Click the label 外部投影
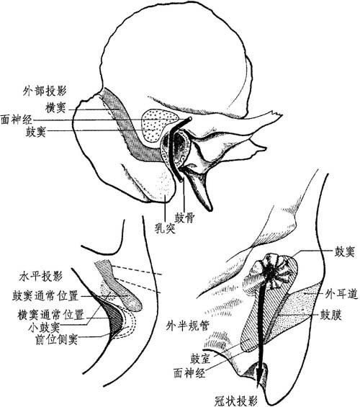tap(45, 91)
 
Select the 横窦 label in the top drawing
tap(55, 108)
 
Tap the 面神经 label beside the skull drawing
tap(17, 120)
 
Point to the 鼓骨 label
tap(184, 218)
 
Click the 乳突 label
tap(165, 228)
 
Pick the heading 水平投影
tap(41, 277)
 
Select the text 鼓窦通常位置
tap(45, 295)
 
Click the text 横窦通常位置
tap(50, 315)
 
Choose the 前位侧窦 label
tap(56, 339)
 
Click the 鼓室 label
tap(200, 359)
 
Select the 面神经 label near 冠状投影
tap(189, 373)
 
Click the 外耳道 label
tap(342, 294)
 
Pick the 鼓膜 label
tap(331, 315)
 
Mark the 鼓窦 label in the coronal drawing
tap(344, 251)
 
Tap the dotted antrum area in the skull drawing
tap(156, 125)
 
